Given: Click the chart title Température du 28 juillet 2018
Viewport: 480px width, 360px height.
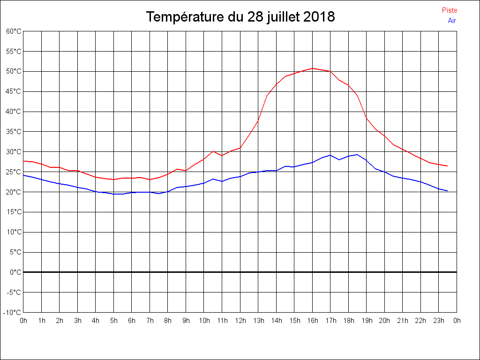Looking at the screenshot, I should point(240,17).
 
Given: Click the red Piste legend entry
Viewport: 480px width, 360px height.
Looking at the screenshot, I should point(450,10).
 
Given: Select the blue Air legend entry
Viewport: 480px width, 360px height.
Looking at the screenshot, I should point(452,20).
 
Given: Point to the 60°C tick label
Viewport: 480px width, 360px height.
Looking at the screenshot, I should point(14,31).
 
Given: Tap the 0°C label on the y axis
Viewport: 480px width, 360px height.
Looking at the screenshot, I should point(15,272).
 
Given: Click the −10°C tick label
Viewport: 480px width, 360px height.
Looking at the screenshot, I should point(13,312).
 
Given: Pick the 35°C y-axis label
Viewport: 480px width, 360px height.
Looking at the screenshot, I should point(14,132).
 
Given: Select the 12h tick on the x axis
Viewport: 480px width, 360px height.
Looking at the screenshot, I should point(240,321).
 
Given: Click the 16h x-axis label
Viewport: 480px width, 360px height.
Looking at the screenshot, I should point(313,321).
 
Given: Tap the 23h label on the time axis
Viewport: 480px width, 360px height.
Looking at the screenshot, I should point(439,321).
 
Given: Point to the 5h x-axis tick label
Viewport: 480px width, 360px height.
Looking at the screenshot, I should point(113,321).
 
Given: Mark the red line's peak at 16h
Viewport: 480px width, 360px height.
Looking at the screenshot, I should point(313,68).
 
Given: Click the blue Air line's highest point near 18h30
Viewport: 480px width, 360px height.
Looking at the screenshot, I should point(357,154).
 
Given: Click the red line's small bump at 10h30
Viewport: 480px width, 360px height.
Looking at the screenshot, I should point(213,151).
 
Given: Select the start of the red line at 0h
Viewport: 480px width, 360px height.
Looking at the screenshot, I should point(24,161).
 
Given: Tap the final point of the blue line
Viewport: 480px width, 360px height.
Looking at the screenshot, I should point(448,191).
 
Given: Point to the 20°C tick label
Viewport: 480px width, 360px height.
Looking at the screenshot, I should point(14,192).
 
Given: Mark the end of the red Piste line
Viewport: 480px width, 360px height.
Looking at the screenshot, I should point(448,166).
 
